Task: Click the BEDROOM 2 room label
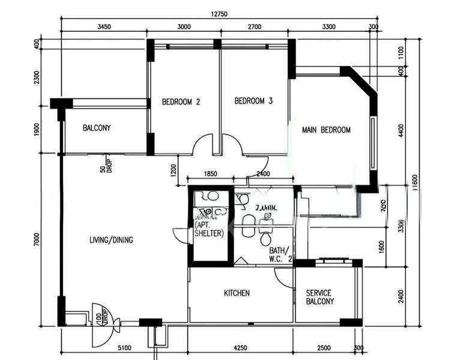(181, 102)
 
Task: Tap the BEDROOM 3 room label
(253, 101)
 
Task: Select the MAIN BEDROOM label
(326, 130)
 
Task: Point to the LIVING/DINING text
(111, 240)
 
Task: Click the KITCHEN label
(237, 293)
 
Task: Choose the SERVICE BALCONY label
(319, 298)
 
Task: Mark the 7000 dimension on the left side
(37, 240)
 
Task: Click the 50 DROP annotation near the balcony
(106, 166)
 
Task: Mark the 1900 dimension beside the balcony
(37, 129)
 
